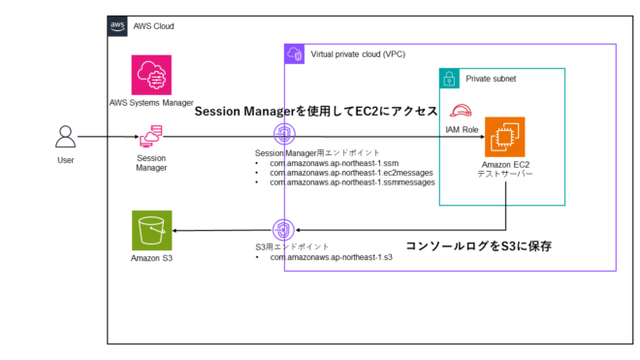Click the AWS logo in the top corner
click(x=116, y=26)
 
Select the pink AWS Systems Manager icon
click(x=151, y=75)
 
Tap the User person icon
click(x=64, y=139)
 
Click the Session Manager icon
click(x=151, y=138)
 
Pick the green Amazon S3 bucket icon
click(x=151, y=230)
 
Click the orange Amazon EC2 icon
click(x=504, y=137)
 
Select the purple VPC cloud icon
click(x=295, y=53)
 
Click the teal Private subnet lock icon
click(x=449, y=78)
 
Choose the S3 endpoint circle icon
click(x=282, y=230)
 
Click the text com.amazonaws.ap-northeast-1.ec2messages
click(x=351, y=173)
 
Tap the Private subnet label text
click(x=492, y=78)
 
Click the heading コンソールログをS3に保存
click(x=478, y=246)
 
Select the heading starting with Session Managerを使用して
click(x=316, y=112)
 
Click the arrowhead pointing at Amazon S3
click(x=177, y=230)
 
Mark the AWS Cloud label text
click(x=154, y=26)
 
